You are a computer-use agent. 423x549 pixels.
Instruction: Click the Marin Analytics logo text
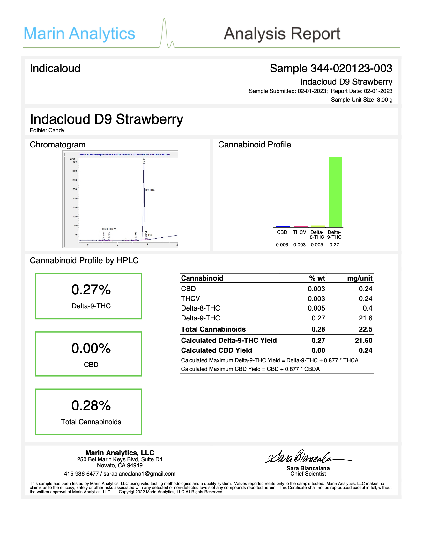click(79, 34)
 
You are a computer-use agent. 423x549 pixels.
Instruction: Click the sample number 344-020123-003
click(351, 68)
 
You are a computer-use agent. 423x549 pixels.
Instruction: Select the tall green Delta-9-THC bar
click(335, 192)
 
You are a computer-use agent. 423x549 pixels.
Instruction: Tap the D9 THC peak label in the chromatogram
click(150, 190)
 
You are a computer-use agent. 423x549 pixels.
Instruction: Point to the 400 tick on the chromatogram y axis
click(74, 162)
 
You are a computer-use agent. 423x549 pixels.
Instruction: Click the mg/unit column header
click(360, 278)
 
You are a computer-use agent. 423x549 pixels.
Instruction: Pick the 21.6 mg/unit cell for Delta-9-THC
click(365, 318)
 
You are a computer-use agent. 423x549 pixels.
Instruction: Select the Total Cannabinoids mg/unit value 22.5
click(365, 329)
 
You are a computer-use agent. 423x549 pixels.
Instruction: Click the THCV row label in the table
click(190, 298)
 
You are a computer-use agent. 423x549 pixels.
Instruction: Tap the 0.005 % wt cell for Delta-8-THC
click(316, 308)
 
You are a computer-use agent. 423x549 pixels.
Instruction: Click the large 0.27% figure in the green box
click(91, 290)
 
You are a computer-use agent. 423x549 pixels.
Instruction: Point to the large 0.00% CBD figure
click(91, 348)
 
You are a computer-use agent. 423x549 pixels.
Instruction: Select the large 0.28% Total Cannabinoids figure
click(91, 406)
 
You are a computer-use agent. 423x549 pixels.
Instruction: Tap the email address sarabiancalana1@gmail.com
click(139, 474)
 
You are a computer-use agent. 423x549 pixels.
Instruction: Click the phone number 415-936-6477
click(81, 474)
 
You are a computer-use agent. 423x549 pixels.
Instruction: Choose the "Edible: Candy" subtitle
click(47, 130)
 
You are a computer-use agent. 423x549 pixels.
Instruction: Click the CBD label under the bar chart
click(282, 232)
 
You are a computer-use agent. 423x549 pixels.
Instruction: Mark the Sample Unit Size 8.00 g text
click(362, 100)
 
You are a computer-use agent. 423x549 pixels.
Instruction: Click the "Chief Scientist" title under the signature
click(308, 474)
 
